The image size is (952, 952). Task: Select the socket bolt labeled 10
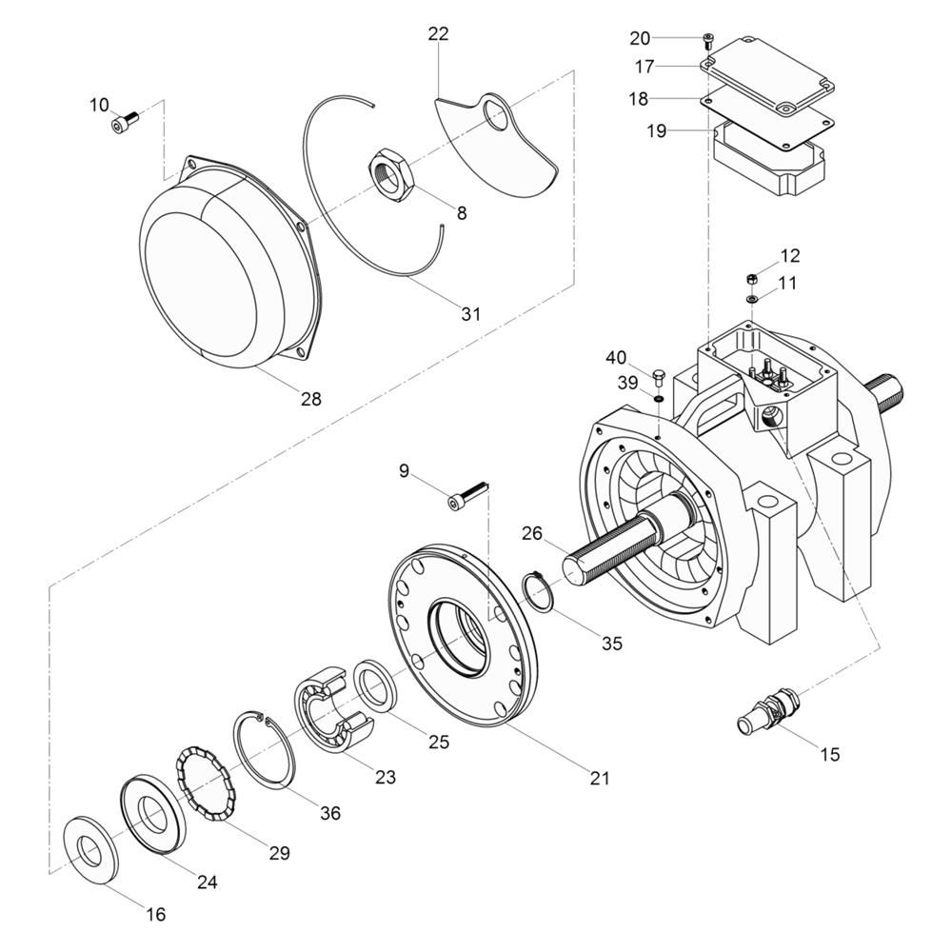125,121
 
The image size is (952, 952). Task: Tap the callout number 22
438,34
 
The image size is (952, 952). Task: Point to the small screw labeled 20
708,41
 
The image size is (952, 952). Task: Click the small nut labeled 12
751,279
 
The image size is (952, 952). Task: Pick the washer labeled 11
752,299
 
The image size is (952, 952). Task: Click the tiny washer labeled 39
658,399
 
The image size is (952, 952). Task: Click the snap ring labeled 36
264,748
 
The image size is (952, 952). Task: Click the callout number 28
311,399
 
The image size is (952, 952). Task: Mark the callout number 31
470,314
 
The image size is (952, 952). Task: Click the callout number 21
599,778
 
